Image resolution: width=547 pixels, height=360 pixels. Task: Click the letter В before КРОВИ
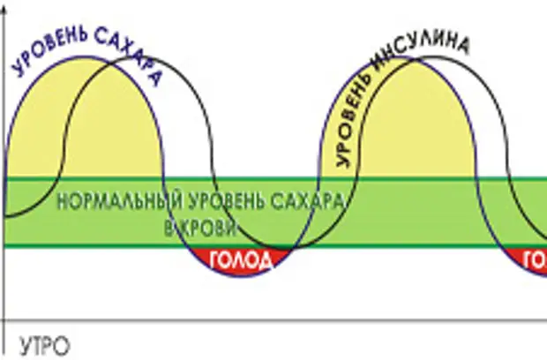click(170, 227)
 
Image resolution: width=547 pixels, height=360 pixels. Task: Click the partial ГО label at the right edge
click(535, 260)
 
